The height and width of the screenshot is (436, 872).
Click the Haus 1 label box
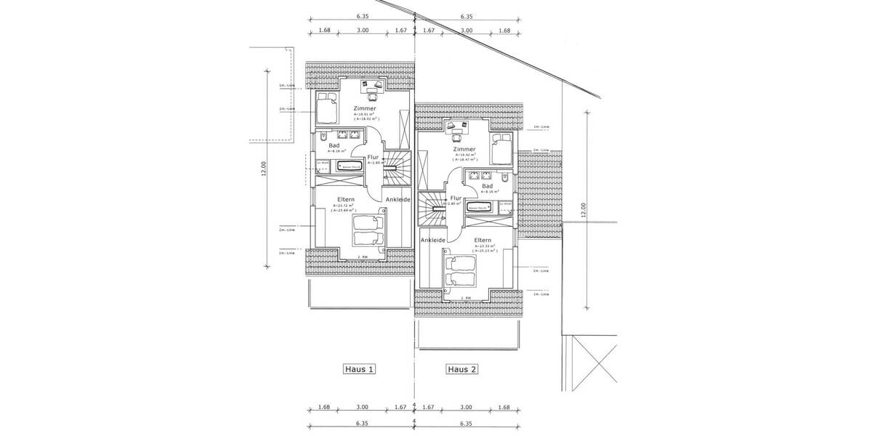coord(360,369)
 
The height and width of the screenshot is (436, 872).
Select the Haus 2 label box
coord(462,369)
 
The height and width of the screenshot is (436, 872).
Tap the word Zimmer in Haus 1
coord(365,108)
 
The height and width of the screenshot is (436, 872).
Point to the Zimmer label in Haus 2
coord(464,149)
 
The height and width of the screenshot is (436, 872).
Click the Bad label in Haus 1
coord(334,145)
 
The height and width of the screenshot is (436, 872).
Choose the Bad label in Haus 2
coord(487,186)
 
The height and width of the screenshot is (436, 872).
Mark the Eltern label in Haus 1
coord(345,198)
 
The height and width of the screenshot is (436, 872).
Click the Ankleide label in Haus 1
coord(397,199)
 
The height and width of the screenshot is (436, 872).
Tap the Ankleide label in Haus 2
coord(432,239)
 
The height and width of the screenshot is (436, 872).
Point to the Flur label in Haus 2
coord(456,198)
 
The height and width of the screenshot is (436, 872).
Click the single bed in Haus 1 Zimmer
coord(327,108)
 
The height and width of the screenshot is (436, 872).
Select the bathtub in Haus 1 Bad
coord(349,167)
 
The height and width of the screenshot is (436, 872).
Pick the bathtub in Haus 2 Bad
coord(480,209)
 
